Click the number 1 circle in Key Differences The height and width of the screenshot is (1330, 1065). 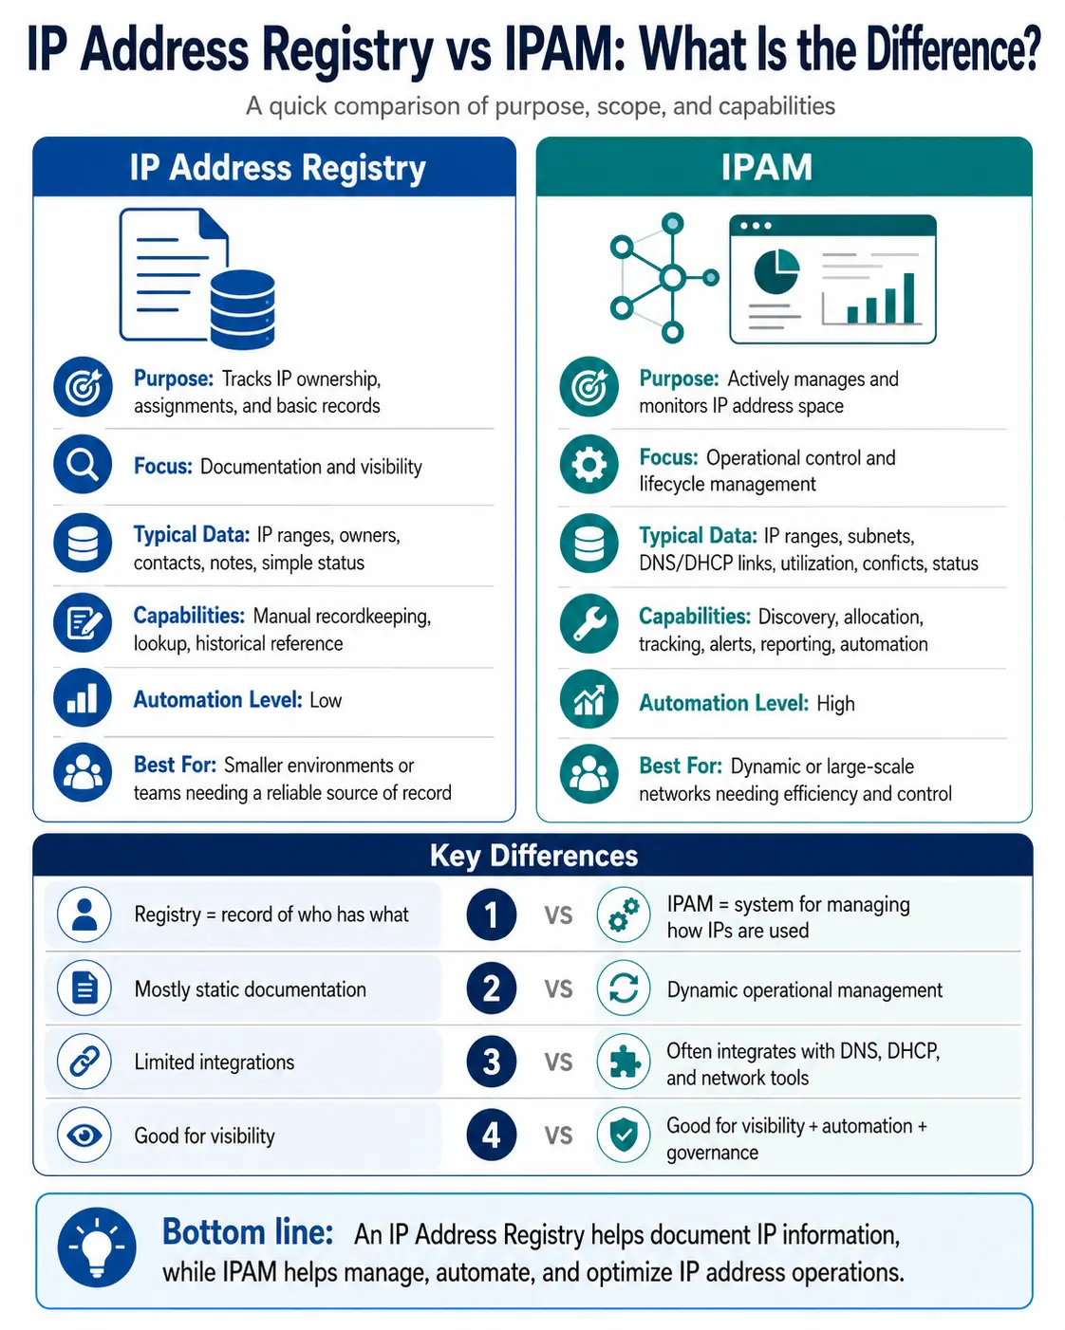click(x=491, y=914)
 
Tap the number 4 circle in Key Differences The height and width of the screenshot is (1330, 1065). click(x=491, y=1135)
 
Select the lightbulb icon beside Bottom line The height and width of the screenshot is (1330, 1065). click(x=97, y=1247)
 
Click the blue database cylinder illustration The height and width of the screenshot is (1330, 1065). click(x=242, y=309)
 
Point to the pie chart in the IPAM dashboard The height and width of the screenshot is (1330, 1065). click(x=776, y=271)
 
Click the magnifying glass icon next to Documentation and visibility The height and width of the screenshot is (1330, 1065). click(x=83, y=464)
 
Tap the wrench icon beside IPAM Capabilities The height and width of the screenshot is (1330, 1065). click(x=589, y=623)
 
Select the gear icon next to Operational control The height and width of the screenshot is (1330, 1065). click(x=589, y=465)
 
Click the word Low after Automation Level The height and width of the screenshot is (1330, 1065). click(x=326, y=700)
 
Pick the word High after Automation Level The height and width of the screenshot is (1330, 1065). click(x=835, y=703)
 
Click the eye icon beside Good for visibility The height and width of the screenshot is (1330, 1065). click(x=84, y=1135)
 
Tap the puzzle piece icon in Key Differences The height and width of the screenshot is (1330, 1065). click(x=624, y=1062)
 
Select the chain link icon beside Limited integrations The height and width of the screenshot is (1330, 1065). click(x=84, y=1062)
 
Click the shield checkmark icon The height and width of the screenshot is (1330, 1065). click(x=624, y=1135)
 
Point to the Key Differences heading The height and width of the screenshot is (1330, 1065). click(x=533, y=856)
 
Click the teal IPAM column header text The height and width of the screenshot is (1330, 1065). click(x=766, y=167)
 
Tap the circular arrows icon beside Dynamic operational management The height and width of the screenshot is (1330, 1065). click(x=624, y=988)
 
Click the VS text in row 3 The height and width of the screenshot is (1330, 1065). click(x=558, y=1062)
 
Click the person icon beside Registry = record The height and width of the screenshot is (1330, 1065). click(x=84, y=914)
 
